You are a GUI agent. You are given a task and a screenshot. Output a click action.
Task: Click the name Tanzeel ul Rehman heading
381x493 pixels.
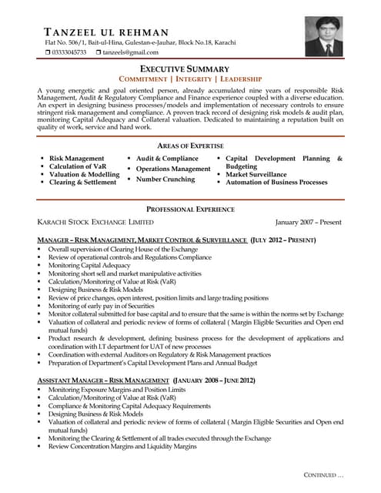point(107,32)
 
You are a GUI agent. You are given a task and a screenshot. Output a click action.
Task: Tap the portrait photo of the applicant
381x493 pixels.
point(323,35)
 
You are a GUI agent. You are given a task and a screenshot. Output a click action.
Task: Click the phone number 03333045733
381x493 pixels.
point(69,52)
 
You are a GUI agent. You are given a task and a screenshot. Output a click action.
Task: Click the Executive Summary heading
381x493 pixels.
point(190,69)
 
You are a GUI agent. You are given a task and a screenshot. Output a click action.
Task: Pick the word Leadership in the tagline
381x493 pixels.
point(240,79)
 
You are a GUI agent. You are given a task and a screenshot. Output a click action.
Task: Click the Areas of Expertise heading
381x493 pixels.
point(190,146)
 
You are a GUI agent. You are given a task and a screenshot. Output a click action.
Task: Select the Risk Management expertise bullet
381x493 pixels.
point(77,158)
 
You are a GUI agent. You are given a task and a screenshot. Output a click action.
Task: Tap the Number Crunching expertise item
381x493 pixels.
point(165,179)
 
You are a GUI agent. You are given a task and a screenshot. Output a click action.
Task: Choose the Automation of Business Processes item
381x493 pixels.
point(276,183)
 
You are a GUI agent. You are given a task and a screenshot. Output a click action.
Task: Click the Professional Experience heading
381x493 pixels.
point(190,210)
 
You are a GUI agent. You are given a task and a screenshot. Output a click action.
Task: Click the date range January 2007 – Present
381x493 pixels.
point(308,222)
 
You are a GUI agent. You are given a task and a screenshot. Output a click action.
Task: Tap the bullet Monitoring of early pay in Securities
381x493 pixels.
point(101,306)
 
